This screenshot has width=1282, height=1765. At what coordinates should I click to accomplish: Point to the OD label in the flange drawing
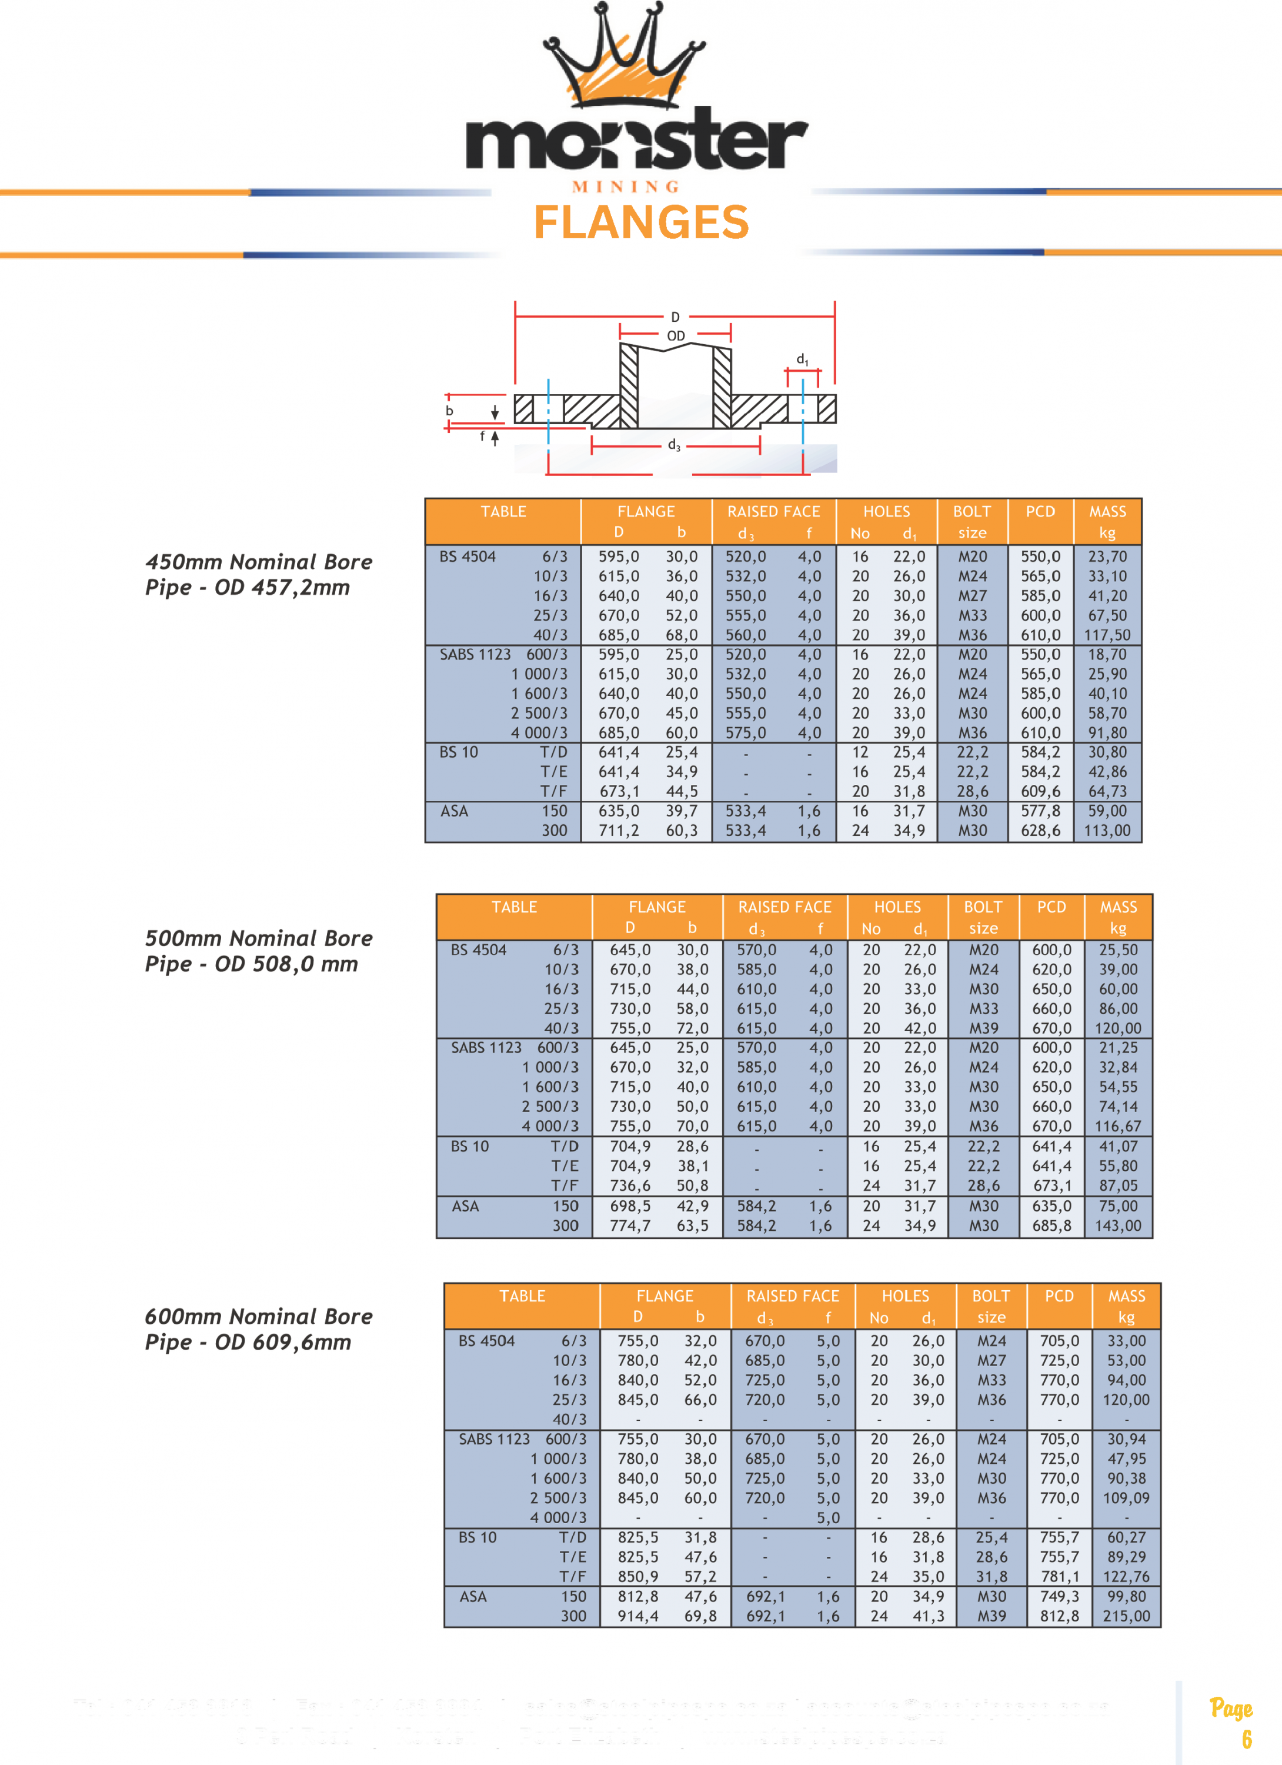pyautogui.click(x=675, y=336)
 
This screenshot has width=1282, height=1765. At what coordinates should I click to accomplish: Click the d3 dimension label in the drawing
pyautogui.click(x=674, y=445)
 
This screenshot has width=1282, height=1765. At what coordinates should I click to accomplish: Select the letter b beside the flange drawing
pyautogui.click(x=449, y=411)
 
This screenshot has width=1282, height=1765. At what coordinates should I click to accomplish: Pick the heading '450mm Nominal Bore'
pyautogui.click(x=258, y=562)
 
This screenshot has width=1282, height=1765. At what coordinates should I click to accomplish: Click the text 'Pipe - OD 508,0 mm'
pyautogui.click(x=251, y=964)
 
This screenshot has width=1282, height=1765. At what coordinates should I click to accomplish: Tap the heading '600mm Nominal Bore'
pyautogui.click(x=258, y=1317)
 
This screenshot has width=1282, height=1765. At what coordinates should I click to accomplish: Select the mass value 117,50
pyautogui.click(x=1107, y=635)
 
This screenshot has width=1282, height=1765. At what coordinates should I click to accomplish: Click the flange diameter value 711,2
pyautogui.click(x=619, y=830)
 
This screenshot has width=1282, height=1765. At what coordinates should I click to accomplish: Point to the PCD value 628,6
pyautogui.click(x=1040, y=830)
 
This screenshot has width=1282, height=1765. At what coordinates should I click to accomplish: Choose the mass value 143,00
pyautogui.click(x=1118, y=1225)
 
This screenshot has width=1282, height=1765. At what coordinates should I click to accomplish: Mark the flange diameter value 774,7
pyautogui.click(x=629, y=1225)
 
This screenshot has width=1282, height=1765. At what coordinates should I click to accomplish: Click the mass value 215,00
pyautogui.click(x=1126, y=1616)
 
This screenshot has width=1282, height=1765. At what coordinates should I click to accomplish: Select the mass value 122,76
pyautogui.click(x=1126, y=1577)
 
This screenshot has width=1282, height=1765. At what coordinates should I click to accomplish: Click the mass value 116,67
pyautogui.click(x=1118, y=1126)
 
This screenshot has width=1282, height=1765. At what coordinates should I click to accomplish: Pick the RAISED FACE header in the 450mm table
pyautogui.click(x=773, y=511)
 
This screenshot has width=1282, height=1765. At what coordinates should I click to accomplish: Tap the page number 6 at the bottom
pyautogui.click(x=1247, y=1739)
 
